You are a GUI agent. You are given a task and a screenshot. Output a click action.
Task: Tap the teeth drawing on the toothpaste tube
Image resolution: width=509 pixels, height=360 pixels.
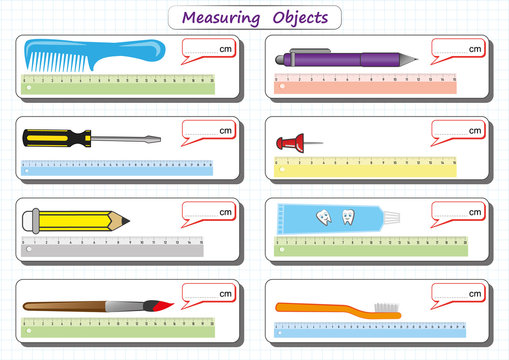(x=336, y=216)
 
